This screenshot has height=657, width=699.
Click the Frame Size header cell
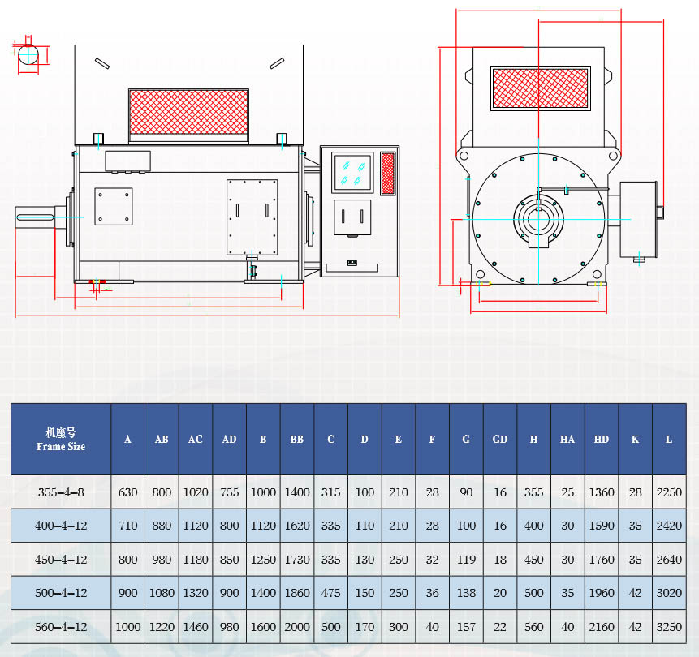pyautogui.click(x=61, y=439)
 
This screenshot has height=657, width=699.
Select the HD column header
pyautogui.click(x=601, y=439)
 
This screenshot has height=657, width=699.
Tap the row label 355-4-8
pyautogui.click(x=61, y=492)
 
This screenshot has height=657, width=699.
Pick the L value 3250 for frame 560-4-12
pyautogui.click(x=668, y=626)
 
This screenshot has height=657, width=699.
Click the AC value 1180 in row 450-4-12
pyautogui.click(x=196, y=559)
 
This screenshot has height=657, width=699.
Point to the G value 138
pyautogui.click(x=466, y=593)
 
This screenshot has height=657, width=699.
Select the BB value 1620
pyautogui.click(x=297, y=526)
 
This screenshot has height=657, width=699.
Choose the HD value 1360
pyautogui.click(x=601, y=492)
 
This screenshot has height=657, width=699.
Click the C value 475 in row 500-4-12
pyautogui.click(x=330, y=593)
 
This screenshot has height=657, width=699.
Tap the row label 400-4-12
pyautogui.click(x=61, y=526)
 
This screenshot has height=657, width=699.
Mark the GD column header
pyautogui.click(x=499, y=439)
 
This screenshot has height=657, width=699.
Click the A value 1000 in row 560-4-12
pyautogui.click(x=127, y=626)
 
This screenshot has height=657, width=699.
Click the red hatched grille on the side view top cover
pyautogui.click(x=188, y=112)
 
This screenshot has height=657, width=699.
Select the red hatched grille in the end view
pyautogui.click(x=540, y=88)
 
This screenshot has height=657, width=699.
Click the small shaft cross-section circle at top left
pyautogui.click(x=28, y=55)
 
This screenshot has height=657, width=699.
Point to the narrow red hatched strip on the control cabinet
pyautogui.click(x=387, y=173)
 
